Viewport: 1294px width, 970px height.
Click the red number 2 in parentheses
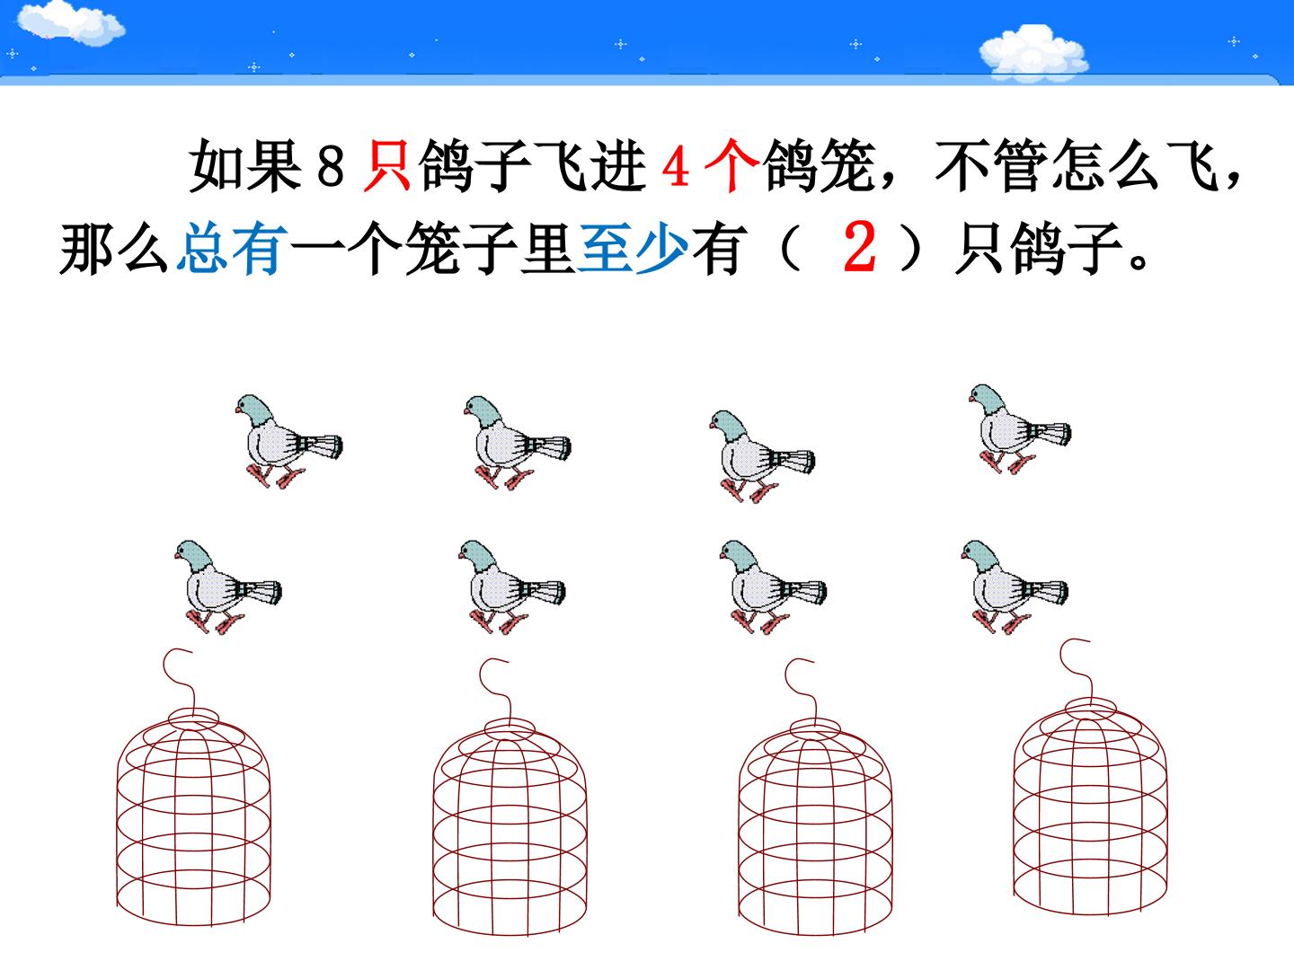coord(859,247)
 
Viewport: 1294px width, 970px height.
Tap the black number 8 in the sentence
coord(330,165)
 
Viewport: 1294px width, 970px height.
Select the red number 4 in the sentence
coord(676,165)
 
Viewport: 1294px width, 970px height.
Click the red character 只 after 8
coord(386,165)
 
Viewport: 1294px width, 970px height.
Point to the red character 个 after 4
coord(731,165)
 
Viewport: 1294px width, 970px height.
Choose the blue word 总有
coord(232,248)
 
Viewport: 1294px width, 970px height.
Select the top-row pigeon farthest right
coord(1019,428)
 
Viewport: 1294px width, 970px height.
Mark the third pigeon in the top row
coord(761,456)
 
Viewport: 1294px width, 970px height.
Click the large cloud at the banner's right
coord(1033,52)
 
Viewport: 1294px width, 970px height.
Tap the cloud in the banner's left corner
coord(69,22)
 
